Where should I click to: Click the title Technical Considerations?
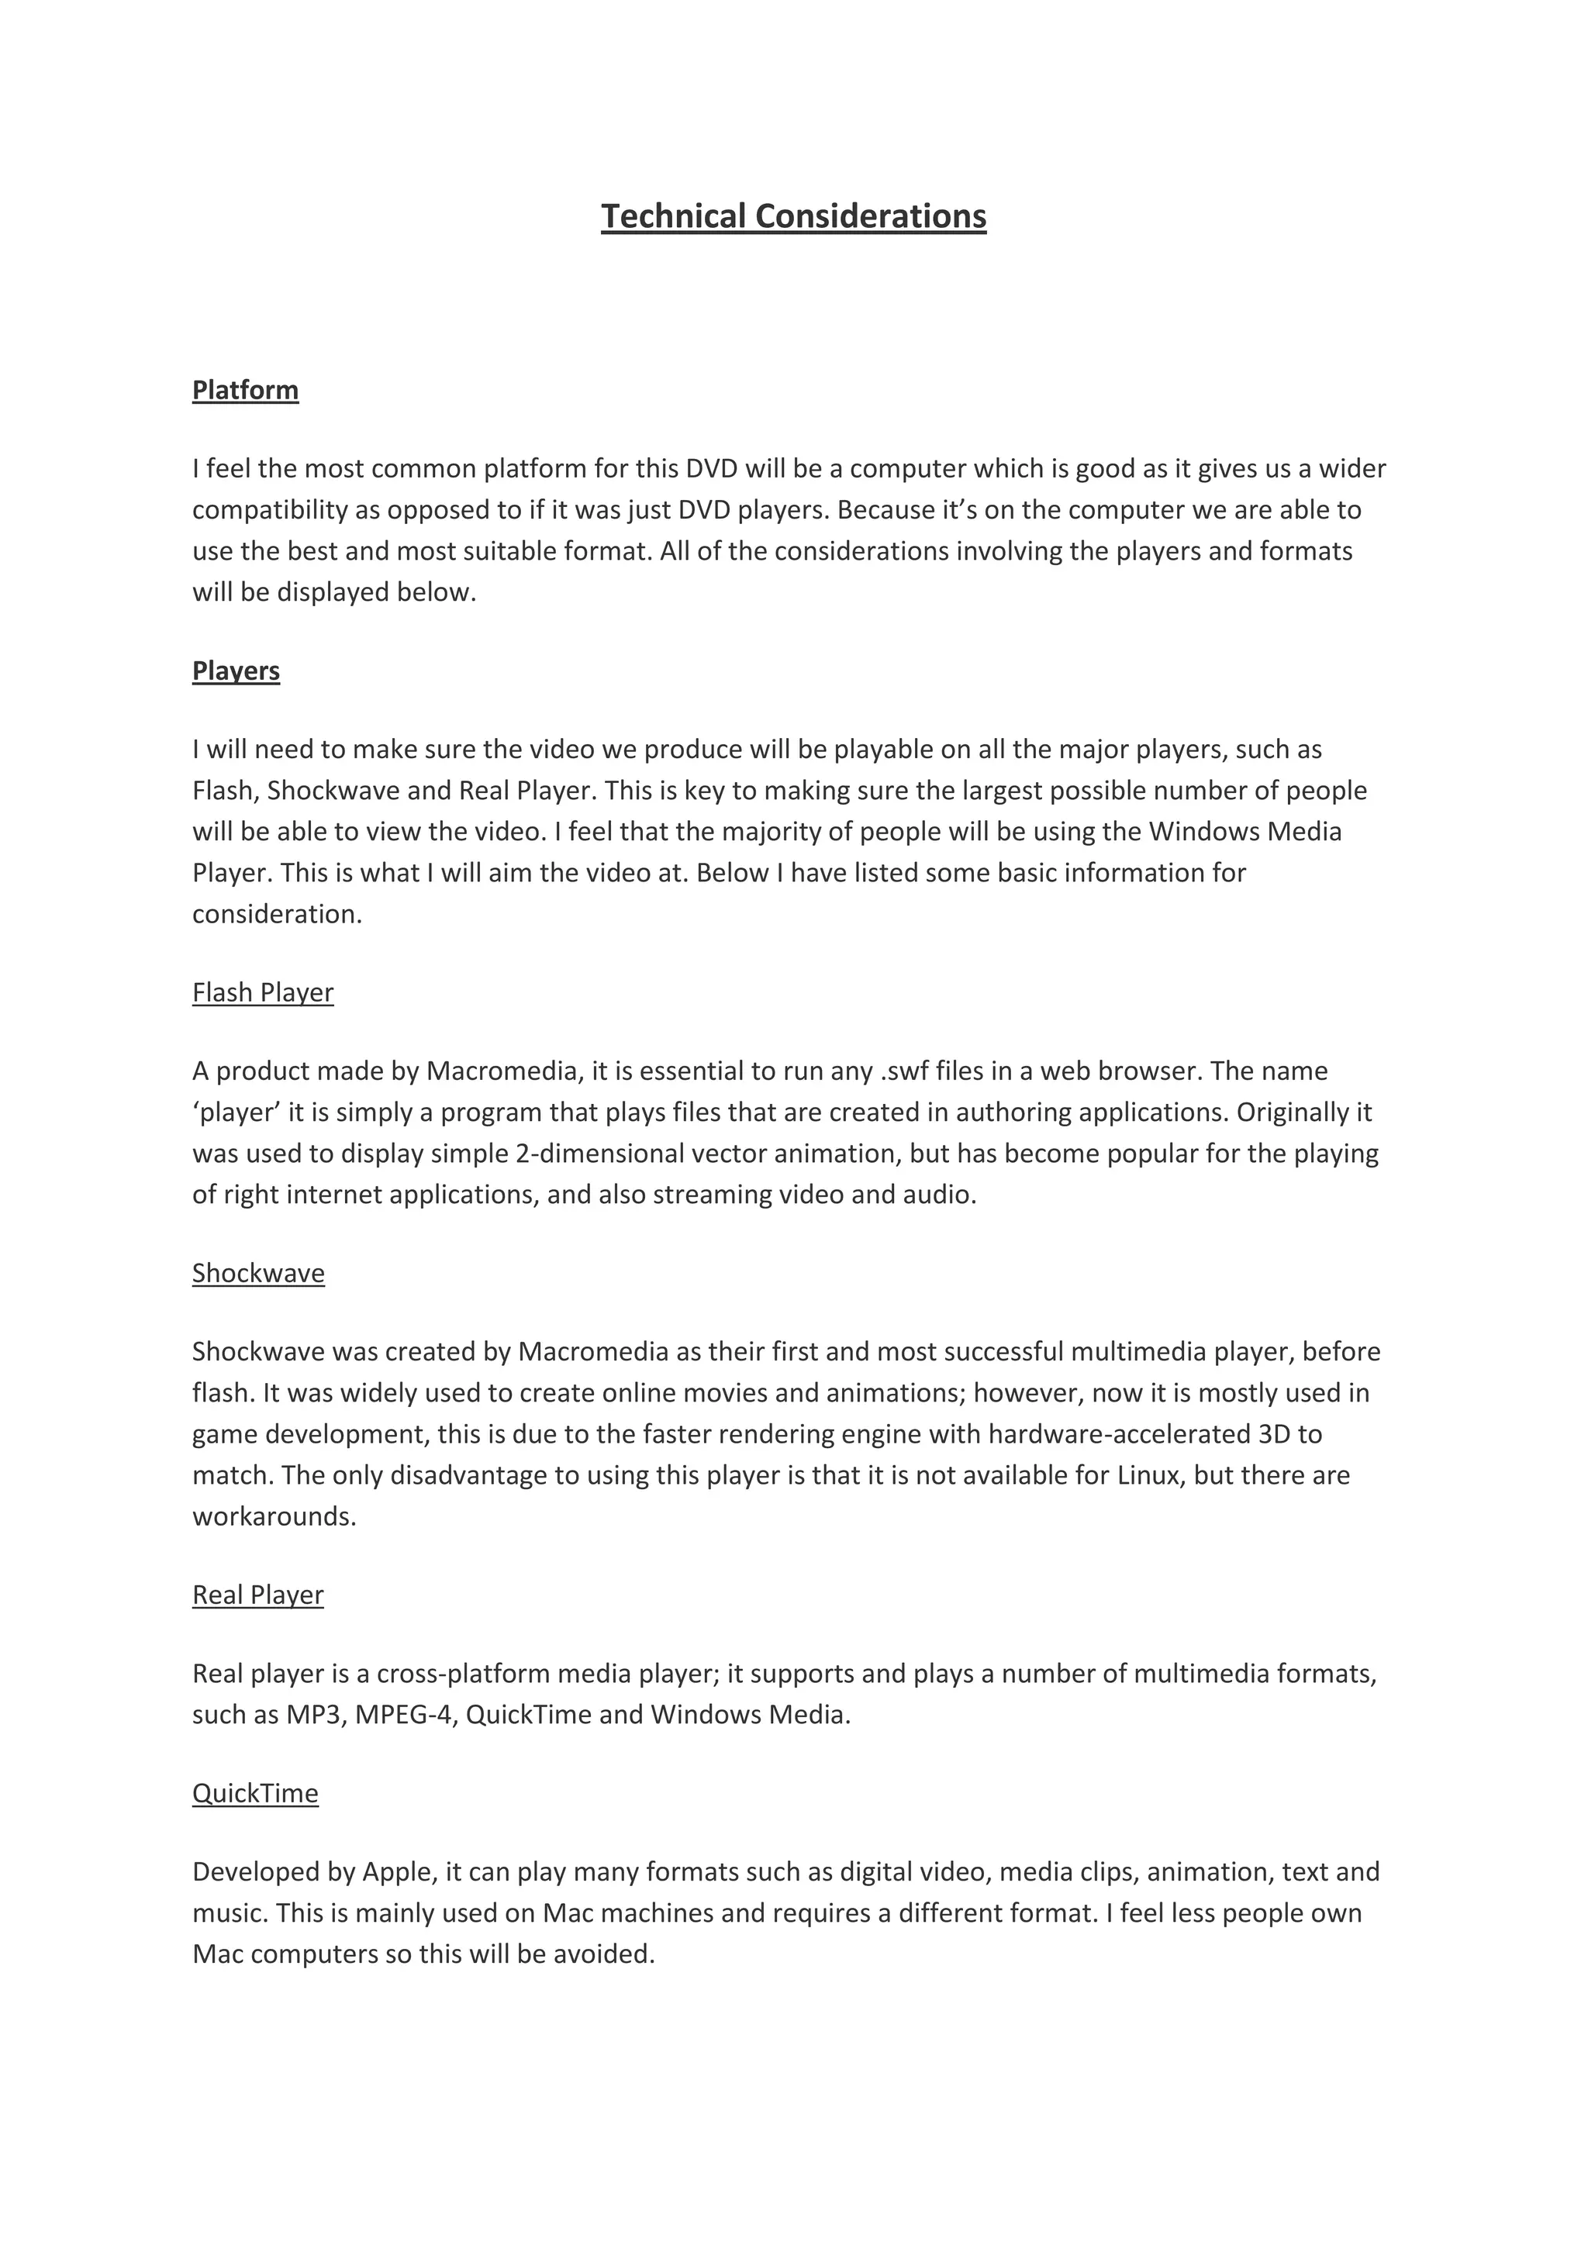click(793, 216)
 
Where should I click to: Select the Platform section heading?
click(246, 390)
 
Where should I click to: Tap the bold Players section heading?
click(236, 671)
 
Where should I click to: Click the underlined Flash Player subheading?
click(263, 992)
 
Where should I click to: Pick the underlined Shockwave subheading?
click(258, 1273)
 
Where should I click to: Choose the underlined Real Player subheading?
click(258, 1595)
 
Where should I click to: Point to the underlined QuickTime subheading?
click(255, 1793)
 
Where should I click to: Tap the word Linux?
click(1148, 1475)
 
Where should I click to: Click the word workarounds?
click(274, 1516)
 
